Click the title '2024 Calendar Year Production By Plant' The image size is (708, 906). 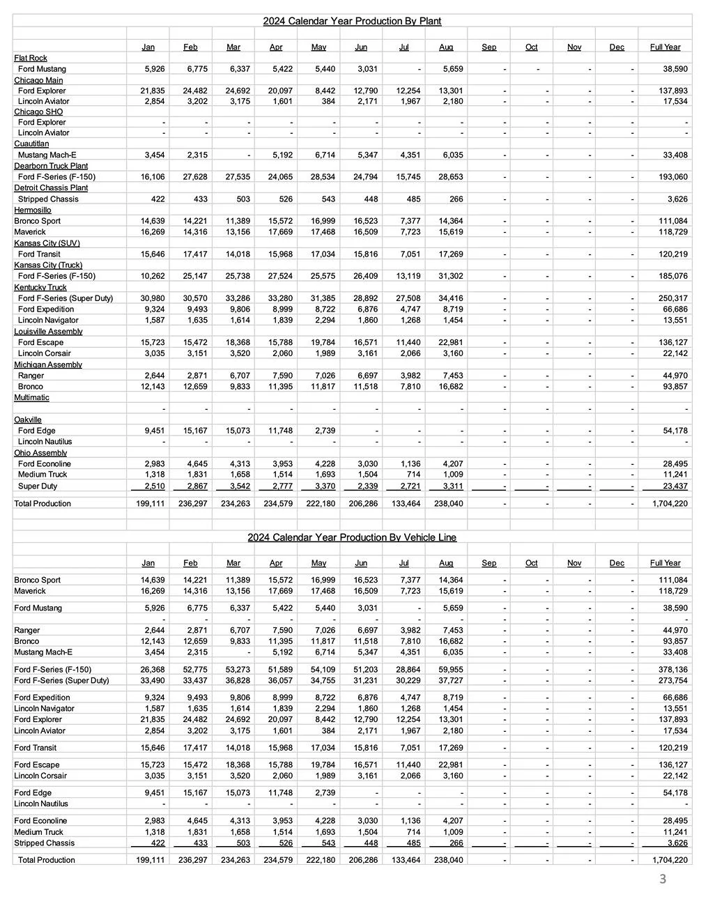click(x=352, y=21)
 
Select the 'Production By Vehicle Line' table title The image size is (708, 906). click(x=352, y=537)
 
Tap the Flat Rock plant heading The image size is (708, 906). click(x=31, y=58)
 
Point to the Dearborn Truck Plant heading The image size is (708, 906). click(x=51, y=166)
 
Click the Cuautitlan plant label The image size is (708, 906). click(x=31, y=144)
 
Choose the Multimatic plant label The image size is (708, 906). click(x=31, y=397)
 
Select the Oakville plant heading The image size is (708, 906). click(x=28, y=420)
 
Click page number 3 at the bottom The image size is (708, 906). click(x=663, y=880)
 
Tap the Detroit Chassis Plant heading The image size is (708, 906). click(x=51, y=187)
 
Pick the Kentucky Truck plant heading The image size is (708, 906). click(x=40, y=287)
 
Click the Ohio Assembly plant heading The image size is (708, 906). click(x=40, y=453)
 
